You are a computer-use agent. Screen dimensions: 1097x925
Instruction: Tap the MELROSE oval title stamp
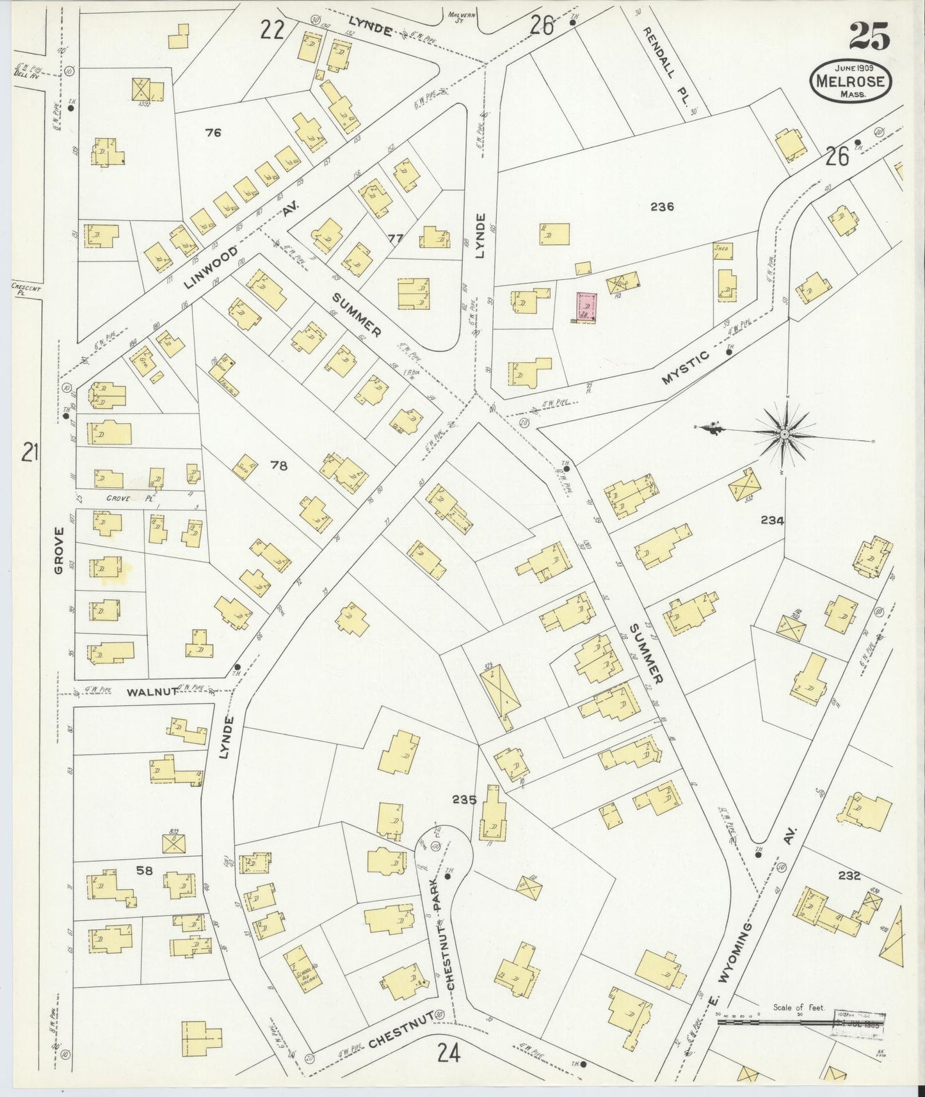click(x=851, y=81)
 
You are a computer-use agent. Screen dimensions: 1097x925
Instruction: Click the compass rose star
click(x=784, y=434)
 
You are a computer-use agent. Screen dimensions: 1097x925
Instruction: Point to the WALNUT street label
click(x=147, y=693)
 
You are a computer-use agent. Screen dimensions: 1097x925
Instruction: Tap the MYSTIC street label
click(x=686, y=368)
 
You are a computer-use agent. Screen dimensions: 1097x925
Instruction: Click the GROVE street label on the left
click(x=60, y=550)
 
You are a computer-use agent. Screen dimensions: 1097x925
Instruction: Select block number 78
click(x=278, y=465)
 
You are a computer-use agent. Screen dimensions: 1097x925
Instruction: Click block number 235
click(x=464, y=799)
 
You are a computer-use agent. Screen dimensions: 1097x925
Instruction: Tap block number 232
click(x=849, y=876)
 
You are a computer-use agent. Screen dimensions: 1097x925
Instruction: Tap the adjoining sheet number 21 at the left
click(x=30, y=452)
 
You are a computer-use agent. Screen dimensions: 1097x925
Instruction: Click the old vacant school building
click(x=302, y=970)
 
